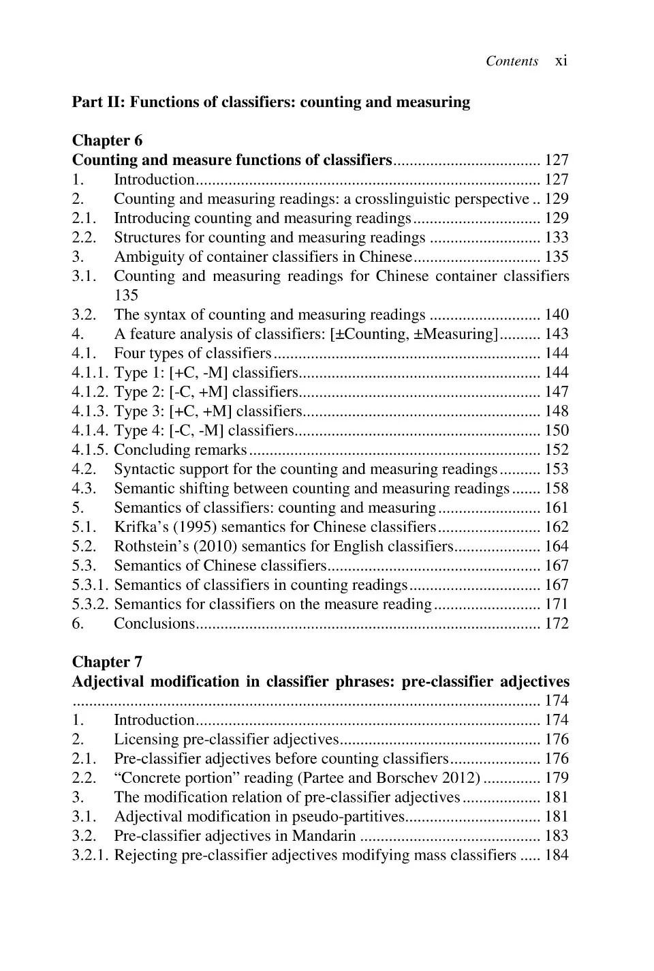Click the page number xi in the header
pos(561,61)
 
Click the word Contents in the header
pos(512,61)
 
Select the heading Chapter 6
pos(107,140)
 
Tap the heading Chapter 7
pos(107,662)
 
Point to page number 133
pos(556,237)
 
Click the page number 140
pos(556,314)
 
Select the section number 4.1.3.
pos(91,411)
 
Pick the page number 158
pos(556,488)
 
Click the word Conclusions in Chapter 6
pos(154,623)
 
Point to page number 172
pos(556,623)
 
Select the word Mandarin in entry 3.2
pos(324,836)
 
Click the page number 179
pos(556,778)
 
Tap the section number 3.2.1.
pos(91,855)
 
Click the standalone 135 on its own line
pos(126,295)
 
